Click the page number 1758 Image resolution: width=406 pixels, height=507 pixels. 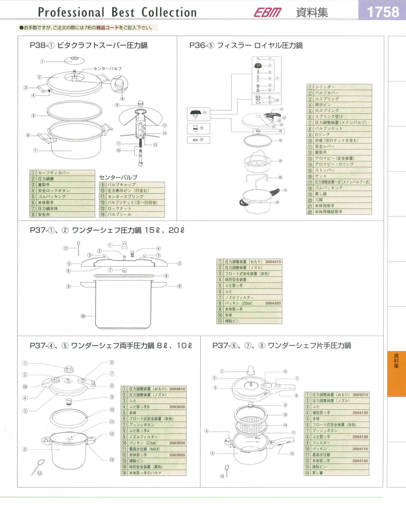pyautogui.click(x=383, y=12)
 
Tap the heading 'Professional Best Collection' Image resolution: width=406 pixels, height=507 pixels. pyautogui.click(x=117, y=12)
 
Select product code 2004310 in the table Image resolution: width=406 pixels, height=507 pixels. pyautogui.click(x=273, y=262)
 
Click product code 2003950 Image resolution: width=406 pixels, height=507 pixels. pyautogui.click(x=177, y=455)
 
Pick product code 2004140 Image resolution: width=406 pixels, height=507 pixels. pyautogui.click(x=360, y=461)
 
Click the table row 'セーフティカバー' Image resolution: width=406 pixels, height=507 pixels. pyautogui.click(x=62, y=173)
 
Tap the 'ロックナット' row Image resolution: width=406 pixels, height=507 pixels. pyautogui.click(x=132, y=209)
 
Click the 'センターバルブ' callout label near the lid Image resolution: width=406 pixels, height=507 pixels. pyautogui.click(x=108, y=68)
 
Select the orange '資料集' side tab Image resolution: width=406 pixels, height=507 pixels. pyautogui.click(x=396, y=374)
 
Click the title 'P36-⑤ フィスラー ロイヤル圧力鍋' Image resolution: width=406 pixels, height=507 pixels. pyautogui.click(x=246, y=45)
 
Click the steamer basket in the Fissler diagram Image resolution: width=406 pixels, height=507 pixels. pyautogui.click(x=258, y=162)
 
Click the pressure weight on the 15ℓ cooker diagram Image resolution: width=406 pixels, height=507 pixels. pyautogui.click(x=124, y=245)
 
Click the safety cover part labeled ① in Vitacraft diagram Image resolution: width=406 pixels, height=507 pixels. pyautogui.click(x=74, y=61)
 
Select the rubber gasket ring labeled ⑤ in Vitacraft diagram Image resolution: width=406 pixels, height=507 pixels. pyautogui.click(x=74, y=110)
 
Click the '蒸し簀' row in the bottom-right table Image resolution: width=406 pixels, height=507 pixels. pyautogui.click(x=337, y=473)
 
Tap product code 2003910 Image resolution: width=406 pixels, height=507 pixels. pyautogui.click(x=177, y=389)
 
